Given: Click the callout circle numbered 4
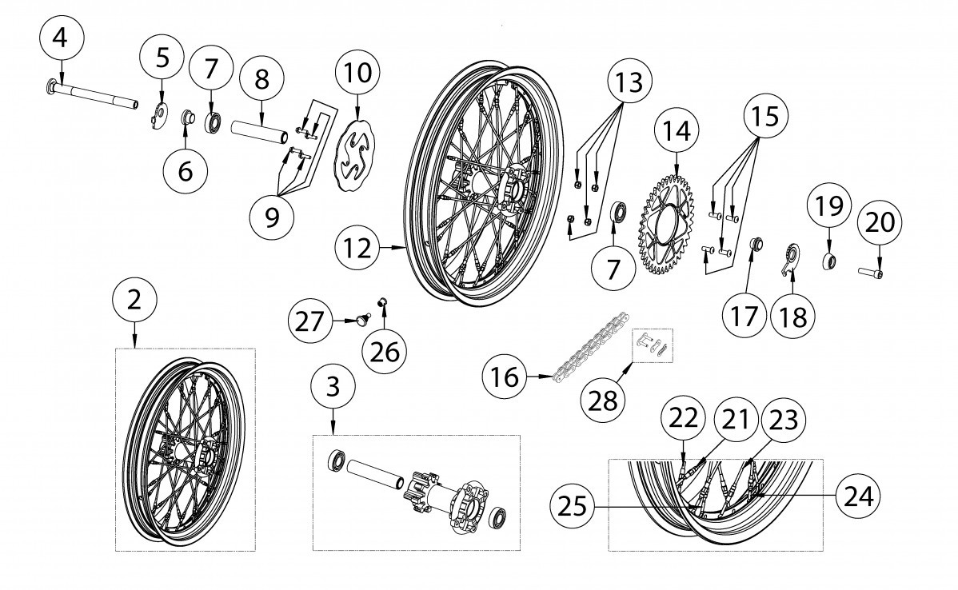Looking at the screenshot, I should click(x=66, y=37).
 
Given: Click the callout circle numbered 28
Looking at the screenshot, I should click(x=603, y=398).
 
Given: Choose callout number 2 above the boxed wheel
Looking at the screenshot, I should click(x=134, y=300).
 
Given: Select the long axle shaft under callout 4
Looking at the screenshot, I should click(x=96, y=94).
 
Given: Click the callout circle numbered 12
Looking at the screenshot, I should click(x=361, y=248).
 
